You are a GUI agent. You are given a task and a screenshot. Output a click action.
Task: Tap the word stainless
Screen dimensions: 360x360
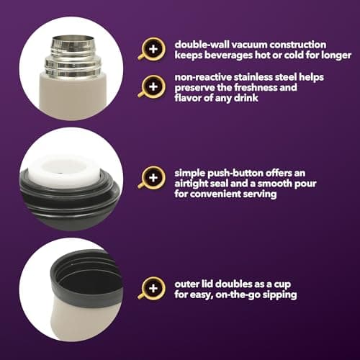click(253, 77)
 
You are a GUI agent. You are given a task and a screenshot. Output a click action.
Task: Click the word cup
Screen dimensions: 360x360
click(282, 285)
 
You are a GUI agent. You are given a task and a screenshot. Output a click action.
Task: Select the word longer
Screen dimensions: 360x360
click(336, 55)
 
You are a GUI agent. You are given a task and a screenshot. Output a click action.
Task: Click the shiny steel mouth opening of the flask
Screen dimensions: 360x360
click(73, 39)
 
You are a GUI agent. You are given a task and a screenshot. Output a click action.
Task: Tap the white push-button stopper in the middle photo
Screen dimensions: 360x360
click(63, 171)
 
